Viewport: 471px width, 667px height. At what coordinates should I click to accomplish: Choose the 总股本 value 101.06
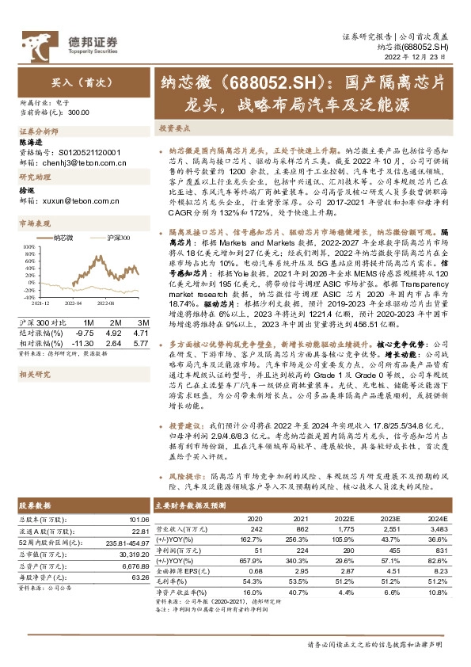[x=135, y=520]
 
